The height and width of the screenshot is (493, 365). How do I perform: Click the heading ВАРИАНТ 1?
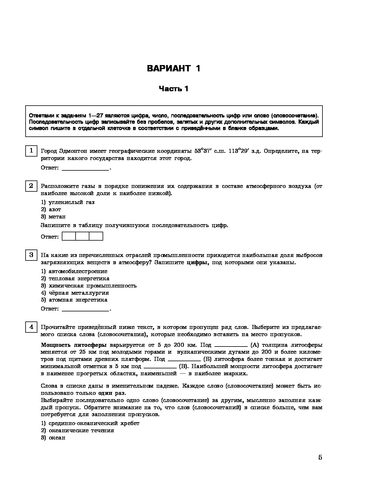tap(174, 68)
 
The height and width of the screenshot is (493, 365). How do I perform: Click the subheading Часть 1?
tap(174, 89)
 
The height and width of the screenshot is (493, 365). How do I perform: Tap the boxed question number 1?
tap(31, 151)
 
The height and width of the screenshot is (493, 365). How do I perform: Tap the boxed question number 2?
tap(31, 186)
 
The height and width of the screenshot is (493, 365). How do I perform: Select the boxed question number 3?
tap(31, 255)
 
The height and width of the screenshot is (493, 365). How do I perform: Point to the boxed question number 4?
tap(31, 327)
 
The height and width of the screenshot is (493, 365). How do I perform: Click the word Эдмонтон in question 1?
tap(73, 151)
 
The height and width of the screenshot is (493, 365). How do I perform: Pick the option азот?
tap(55, 210)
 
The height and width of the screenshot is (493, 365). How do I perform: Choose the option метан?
tap(57, 217)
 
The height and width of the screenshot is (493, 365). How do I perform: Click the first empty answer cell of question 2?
tap(69, 237)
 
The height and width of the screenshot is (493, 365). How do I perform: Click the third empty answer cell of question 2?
tap(96, 237)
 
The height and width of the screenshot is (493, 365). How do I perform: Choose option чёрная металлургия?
tap(79, 293)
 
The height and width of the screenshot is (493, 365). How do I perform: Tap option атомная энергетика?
tap(78, 300)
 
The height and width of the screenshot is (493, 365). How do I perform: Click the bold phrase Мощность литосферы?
tap(74, 345)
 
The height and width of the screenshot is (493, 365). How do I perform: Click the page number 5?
tap(320, 458)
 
